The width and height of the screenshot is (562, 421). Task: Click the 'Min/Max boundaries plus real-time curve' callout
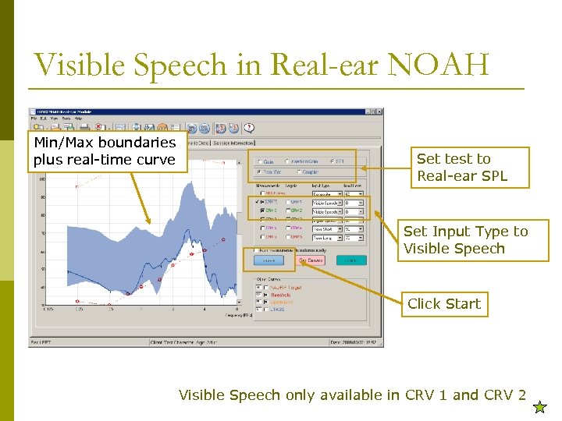[105, 151]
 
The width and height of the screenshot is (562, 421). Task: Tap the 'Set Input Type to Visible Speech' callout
[465, 240]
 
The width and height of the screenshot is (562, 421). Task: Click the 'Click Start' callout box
[444, 304]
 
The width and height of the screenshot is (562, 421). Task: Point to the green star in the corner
[539, 406]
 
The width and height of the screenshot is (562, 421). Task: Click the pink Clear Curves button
[311, 260]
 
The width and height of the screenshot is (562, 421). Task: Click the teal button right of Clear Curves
[351, 260]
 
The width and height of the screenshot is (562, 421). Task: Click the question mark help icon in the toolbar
[251, 128]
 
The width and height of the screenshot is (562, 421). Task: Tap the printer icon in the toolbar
[136, 128]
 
